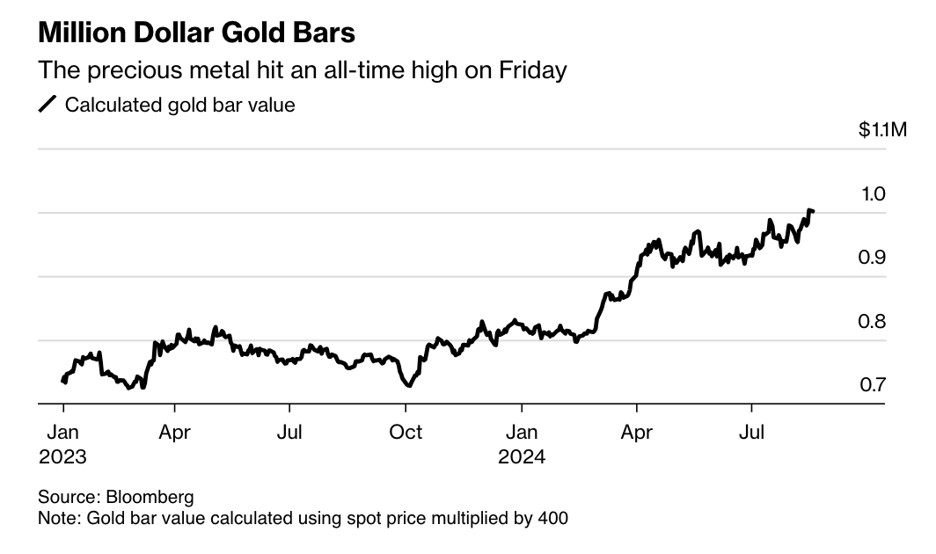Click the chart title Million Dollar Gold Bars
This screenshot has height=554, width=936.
pos(197,33)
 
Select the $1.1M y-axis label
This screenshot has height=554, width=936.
pos(882,130)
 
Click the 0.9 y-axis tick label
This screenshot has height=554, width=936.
pos(873,258)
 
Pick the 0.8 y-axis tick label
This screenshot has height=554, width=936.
pos(873,322)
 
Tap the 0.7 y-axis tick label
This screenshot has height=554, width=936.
pos(873,385)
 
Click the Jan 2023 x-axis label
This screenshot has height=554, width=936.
pos(62,444)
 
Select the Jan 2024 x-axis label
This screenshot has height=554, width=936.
pos(522,444)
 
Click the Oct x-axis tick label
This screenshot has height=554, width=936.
pos(406,433)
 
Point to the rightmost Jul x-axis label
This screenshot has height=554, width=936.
pos(751,433)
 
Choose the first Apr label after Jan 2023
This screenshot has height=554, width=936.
pos(175,433)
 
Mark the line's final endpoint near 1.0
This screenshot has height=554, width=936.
pos(813,211)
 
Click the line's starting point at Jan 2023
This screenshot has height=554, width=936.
pos(62,381)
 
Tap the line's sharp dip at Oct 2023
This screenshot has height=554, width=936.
pos(408,385)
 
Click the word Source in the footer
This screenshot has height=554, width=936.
pos(67,497)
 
